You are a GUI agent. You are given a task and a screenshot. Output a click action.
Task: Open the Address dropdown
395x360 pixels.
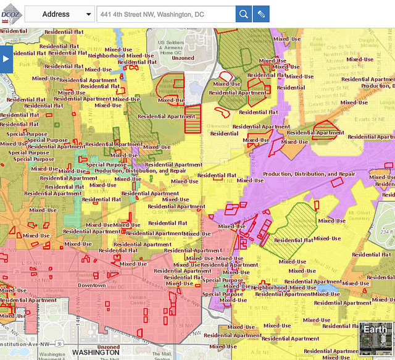point(59,14)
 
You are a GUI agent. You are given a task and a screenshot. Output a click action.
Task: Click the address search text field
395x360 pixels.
point(165,14)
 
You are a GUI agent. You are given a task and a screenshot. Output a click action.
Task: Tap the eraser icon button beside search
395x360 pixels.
point(261,14)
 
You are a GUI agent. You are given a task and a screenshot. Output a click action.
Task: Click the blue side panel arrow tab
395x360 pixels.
point(6,59)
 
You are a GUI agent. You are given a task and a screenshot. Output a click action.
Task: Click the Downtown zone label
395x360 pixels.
point(91,285)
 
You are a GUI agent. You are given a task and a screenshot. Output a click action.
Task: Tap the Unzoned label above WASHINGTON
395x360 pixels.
point(109,346)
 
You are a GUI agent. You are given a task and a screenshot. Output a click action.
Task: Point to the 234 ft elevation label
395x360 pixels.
point(386,232)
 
